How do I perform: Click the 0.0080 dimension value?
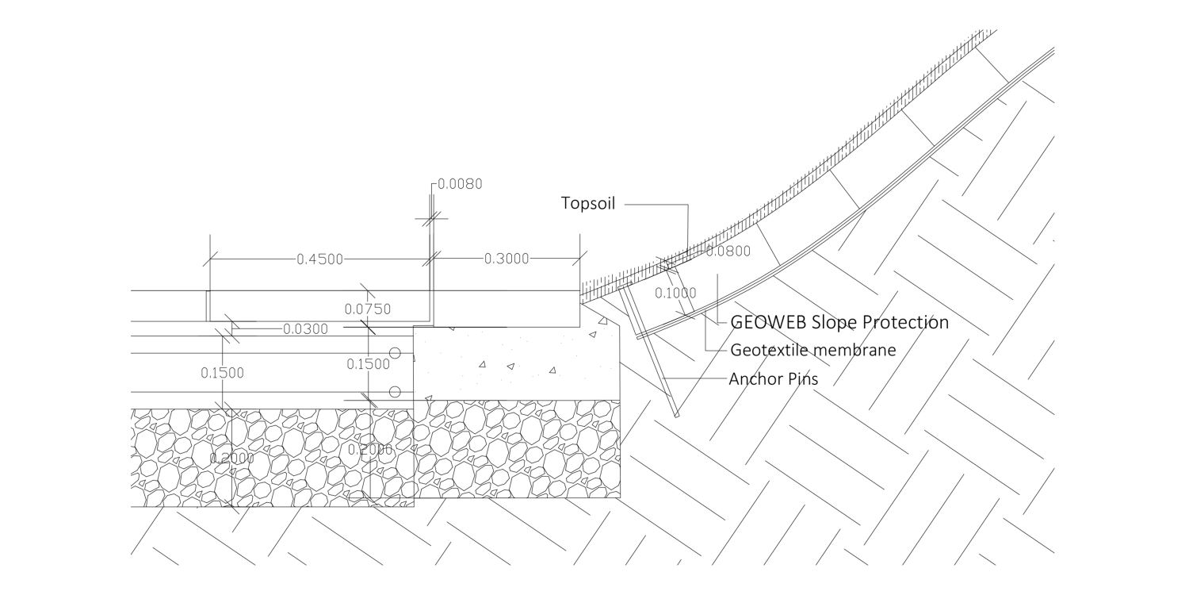click(x=460, y=184)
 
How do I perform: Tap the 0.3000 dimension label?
click(x=506, y=259)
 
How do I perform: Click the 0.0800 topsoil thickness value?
click(x=728, y=252)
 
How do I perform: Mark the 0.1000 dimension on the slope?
click(x=675, y=293)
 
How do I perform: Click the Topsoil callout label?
click(x=588, y=203)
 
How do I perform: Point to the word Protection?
click(x=905, y=323)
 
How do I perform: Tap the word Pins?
click(x=802, y=379)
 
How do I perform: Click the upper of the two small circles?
click(x=394, y=352)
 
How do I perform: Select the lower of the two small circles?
click(x=394, y=391)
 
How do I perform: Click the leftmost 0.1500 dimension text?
click(x=222, y=373)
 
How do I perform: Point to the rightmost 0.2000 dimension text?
click(x=370, y=450)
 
